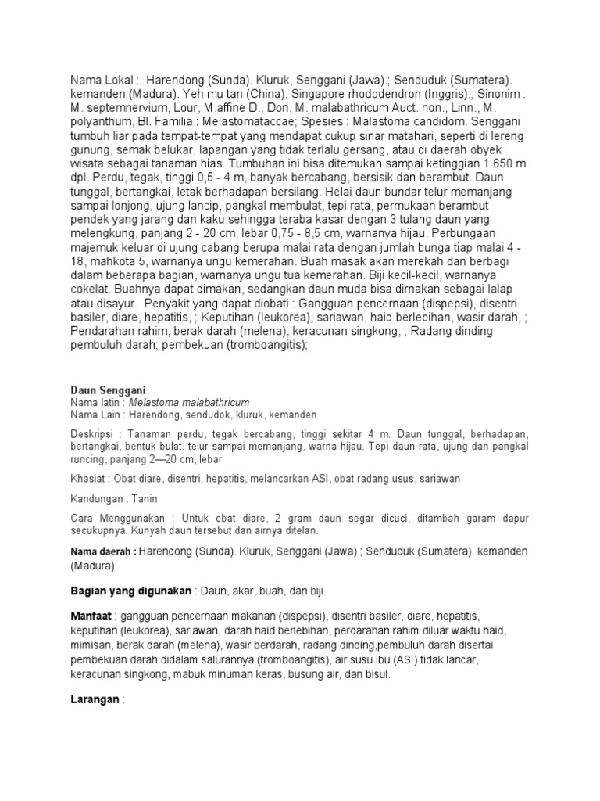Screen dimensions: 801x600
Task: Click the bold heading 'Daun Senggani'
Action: pos(108,390)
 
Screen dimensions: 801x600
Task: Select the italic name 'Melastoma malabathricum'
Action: pos(191,402)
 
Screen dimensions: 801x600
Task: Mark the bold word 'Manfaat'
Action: pos(91,616)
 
